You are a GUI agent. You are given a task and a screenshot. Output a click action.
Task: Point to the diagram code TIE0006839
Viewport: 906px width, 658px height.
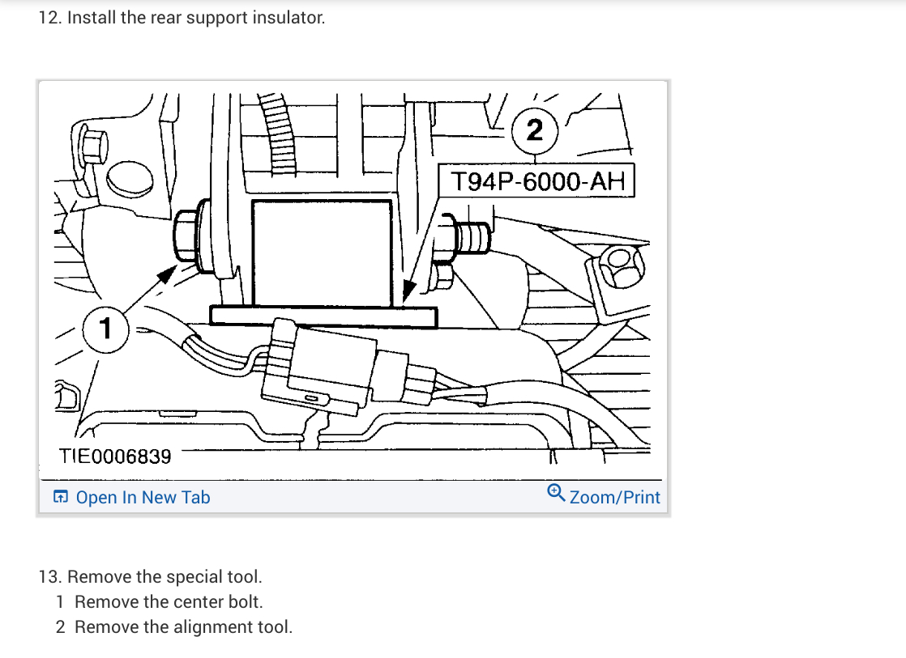click(x=115, y=456)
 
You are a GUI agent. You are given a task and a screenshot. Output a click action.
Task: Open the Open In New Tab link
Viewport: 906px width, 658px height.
click(x=143, y=498)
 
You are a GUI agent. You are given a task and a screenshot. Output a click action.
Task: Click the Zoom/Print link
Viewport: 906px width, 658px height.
click(x=614, y=498)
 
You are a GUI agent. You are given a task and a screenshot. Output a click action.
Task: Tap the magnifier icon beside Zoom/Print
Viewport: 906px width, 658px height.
click(x=556, y=492)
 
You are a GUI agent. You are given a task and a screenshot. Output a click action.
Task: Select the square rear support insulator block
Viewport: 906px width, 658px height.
click(x=322, y=251)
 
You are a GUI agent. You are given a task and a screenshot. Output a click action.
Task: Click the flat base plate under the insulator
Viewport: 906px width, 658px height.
click(x=323, y=316)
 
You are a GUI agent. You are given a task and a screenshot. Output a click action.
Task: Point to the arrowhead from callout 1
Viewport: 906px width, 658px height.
click(x=166, y=274)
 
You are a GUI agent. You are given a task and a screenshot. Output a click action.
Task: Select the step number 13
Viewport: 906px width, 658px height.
click(x=49, y=577)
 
